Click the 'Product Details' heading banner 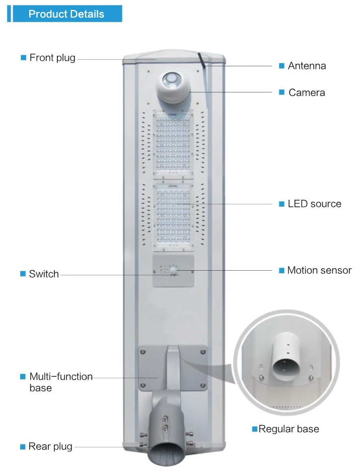[x=66, y=14]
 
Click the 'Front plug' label [x=52, y=57]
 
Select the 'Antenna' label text [x=307, y=65]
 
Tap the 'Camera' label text [x=307, y=93]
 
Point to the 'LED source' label [x=314, y=204]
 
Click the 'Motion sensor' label [x=319, y=270]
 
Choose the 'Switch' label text [x=44, y=274]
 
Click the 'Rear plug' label [x=50, y=446]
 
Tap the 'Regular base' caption [x=289, y=429]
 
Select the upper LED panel [x=173, y=144]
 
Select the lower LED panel [x=173, y=215]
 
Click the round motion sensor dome [x=174, y=270]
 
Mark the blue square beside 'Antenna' [x=282, y=65]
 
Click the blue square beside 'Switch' [x=23, y=274]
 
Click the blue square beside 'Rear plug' [x=23, y=446]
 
